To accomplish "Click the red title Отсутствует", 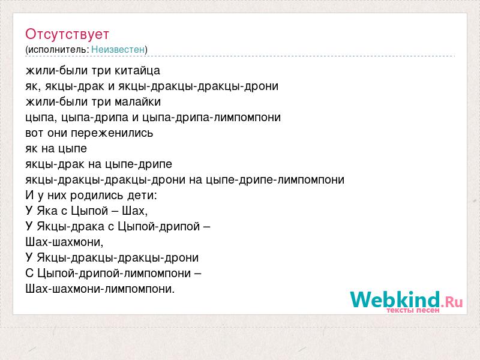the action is pyautogui.click(x=67, y=34).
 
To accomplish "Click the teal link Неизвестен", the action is pyautogui.click(x=118, y=49).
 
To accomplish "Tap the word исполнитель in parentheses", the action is pyautogui.click(x=58, y=50).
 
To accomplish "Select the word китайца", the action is pyautogui.click(x=137, y=71).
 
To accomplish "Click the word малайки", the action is pyautogui.click(x=138, y=101).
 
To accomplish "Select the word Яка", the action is pyautogui.click(x=47, y=211).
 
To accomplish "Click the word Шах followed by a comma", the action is pyautogui.click(x=134, y=211).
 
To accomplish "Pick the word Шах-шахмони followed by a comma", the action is pyautogui.click(x=64, y=242).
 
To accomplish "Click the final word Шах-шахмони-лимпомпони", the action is pyautogui.click(x=100, y=289).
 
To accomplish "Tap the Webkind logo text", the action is pyautogui.click(x=395, y=299).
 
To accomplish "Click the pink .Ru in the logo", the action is pyautogui.click(x=452, y=302).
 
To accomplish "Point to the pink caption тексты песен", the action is pyautogui.click(x=413, y=310).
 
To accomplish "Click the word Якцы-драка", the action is pyautogui.click(x=71, y=227).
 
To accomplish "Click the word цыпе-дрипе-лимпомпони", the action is pyautogui.click(x=275, y=179).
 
